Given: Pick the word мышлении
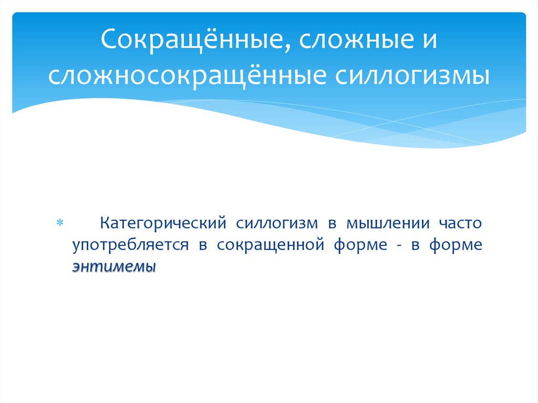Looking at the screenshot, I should click(384, 223).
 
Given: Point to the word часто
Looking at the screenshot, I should click(458, 223).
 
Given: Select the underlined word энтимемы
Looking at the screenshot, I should click(115, 267).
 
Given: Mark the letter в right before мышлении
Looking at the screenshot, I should click(332, 223).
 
